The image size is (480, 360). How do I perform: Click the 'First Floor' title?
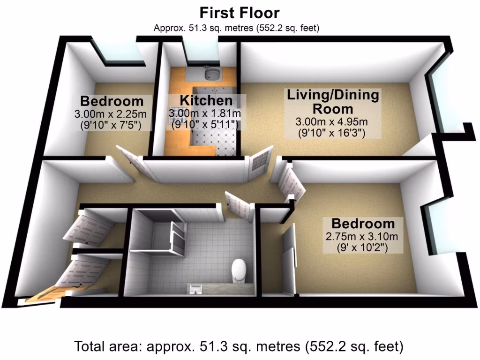(x=240, y=13)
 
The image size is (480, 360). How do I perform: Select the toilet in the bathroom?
(x=239, y=270)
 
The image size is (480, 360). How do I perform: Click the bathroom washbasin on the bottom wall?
(x=196, y=287)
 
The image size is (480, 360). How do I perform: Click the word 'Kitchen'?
(x=206, y=100)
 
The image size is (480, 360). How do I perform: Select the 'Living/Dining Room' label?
(x=333, y=102)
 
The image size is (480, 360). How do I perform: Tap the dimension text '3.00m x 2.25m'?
(x=111, y=113)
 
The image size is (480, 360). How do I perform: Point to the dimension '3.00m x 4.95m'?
(x=332, y=122)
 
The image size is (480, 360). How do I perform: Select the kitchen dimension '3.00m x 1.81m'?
(x=205, y=113)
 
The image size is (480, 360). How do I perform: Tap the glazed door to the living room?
(x=261, y=161)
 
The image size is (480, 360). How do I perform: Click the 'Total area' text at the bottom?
(x=239, y=347)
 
